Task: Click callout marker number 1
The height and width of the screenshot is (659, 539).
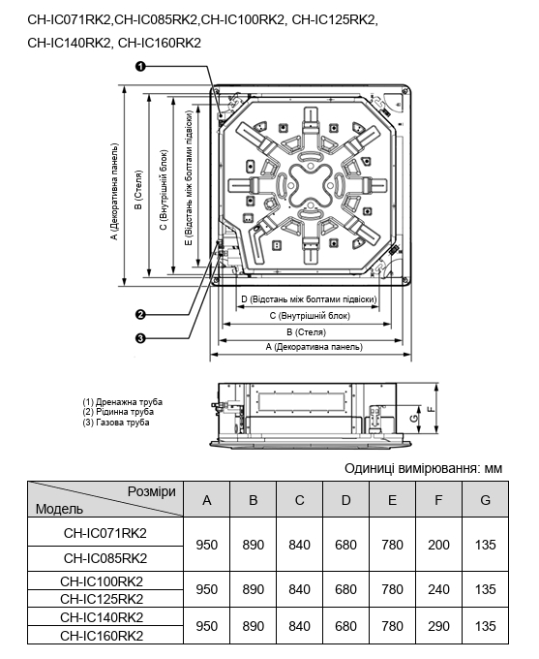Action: click(140, 66)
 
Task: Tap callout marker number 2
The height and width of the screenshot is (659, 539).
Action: click(140, 314)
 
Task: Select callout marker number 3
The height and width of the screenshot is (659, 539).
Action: click(140, 338)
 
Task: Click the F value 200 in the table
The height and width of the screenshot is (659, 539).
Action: click(438, 545)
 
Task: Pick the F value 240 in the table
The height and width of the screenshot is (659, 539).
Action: click(438, 589)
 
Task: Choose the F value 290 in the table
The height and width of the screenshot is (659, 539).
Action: click(438, 626)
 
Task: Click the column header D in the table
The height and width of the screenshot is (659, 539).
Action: click(345, 500)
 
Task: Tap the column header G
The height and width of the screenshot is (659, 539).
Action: click(485, 500)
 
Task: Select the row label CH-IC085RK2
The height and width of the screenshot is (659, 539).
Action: click(105, 558)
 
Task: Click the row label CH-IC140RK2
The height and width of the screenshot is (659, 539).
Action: click(102, 617)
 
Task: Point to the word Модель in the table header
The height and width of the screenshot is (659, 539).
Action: click(59, 509)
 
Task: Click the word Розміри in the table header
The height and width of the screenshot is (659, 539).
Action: click(152, 491)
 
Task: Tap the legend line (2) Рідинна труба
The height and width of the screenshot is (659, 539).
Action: click(118, 412)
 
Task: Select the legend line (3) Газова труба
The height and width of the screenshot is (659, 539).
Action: click(116, 423)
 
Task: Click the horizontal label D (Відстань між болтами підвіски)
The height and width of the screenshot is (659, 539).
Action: click(309, 299)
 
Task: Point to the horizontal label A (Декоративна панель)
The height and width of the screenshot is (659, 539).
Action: click(314, 347)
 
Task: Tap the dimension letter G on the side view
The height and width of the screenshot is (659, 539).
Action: click(413, 419)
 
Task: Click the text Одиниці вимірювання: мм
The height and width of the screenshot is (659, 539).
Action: click(423, 468)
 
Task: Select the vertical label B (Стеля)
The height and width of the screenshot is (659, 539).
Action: click(138, 190)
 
